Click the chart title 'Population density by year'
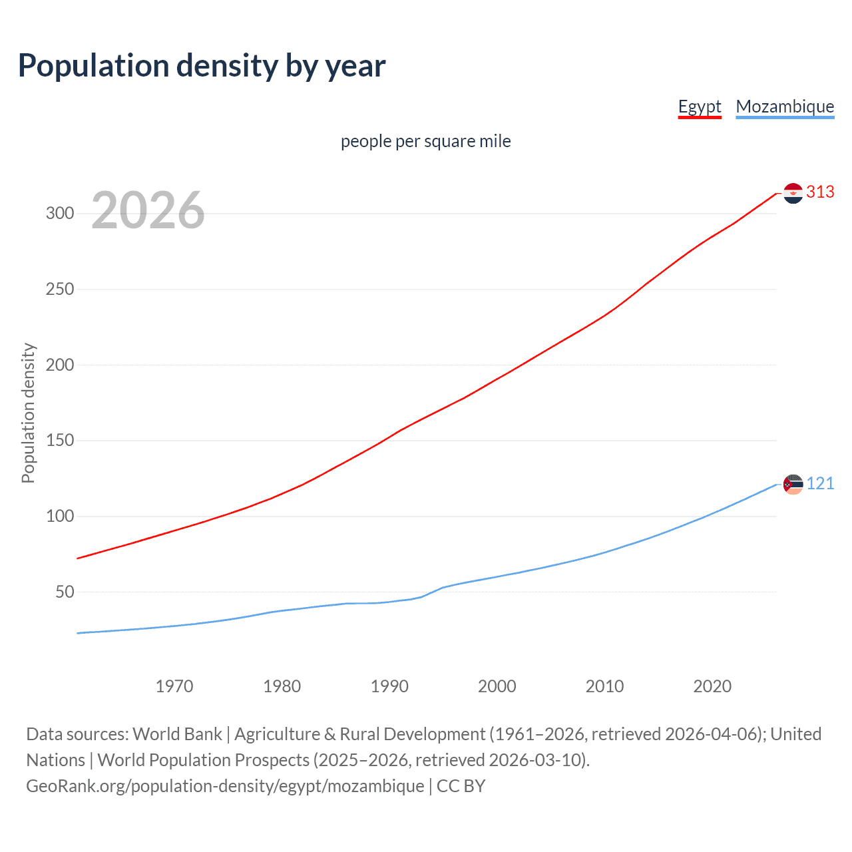[x=202, y=66]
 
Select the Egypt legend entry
[x=700, y=106]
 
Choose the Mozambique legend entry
[x=785, y=106]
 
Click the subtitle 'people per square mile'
[x=425, y=141]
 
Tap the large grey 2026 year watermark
[x=148, y=210]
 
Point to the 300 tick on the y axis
[x=59, y=214]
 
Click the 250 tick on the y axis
[x=59, y=290]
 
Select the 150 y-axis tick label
[x=59, y=441]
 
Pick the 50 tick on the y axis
[x=65, y=592]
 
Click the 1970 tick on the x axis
[x=174, y=686]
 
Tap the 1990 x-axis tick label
[x=389, y=686]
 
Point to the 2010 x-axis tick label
[x=604, y=686]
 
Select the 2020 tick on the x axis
[x=712, y=686]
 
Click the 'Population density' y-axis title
[x=28, y=413]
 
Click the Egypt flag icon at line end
[x=793, y=193]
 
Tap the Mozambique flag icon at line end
[x=793, y=485]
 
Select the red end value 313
[x=820, y=192]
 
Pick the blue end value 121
[x=820, y=484]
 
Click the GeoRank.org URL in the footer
[x=225, y=786]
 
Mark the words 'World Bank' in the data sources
[x=177, y=734]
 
